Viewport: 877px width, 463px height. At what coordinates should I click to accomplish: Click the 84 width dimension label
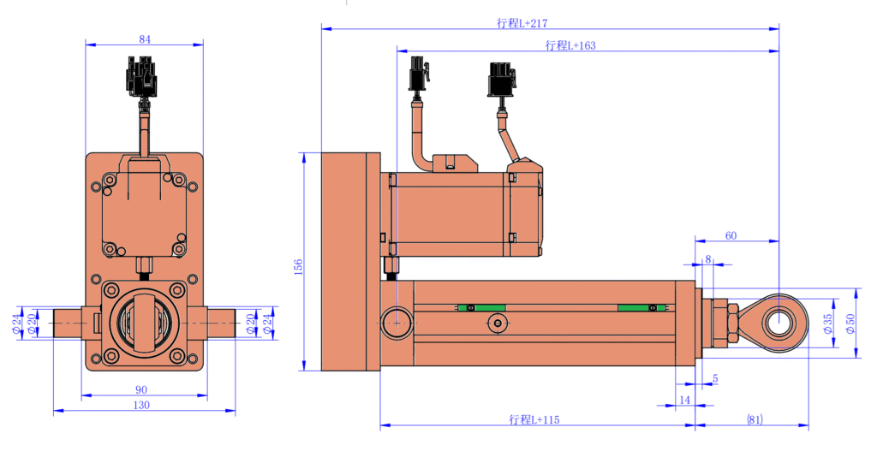tap(144, 38)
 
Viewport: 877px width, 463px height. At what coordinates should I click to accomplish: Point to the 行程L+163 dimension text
tap(570, 45)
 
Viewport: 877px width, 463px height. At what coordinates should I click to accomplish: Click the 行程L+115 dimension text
tap(533, 419)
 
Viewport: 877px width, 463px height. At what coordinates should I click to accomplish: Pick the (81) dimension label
tap(754, 419)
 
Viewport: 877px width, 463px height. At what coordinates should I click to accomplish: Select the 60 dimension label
tap(730, 234)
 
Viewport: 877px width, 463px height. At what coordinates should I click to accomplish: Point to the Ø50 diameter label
tap(850, 323)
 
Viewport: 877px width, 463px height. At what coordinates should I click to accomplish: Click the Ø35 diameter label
tap(827, 323)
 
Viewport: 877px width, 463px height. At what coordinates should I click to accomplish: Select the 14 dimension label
tap(683, 400)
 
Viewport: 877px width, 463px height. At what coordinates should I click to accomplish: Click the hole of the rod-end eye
tap(779, 323)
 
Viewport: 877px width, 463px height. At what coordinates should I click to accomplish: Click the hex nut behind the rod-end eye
tap(733, 324)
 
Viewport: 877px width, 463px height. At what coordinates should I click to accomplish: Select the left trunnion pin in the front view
tap(68, 323)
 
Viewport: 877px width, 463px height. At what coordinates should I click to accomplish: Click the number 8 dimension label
tap(707, 258)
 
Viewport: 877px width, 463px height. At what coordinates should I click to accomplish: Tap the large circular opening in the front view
tap(144, 323)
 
